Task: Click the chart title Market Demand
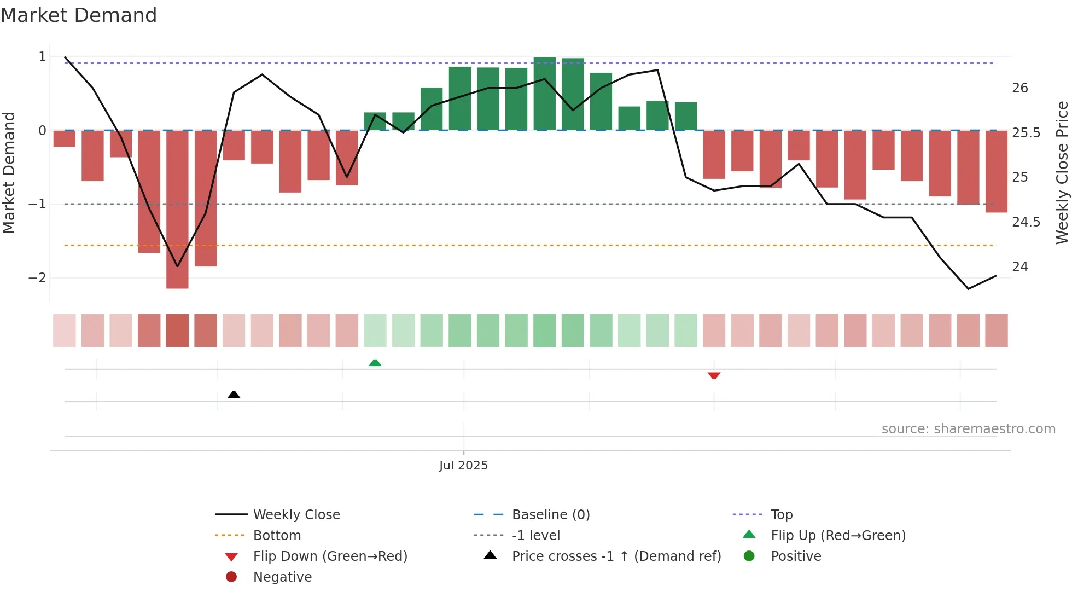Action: [79, 15]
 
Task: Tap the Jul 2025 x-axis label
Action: [463, 466]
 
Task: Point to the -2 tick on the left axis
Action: [37, 278]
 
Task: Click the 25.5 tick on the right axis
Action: [1026, 133]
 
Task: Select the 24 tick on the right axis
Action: [1020, 267]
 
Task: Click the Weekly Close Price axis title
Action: [1062, 172]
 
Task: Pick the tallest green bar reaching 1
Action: [544, 93]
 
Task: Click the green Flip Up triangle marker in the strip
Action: [375, 363]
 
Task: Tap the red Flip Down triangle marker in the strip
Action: [714, 375]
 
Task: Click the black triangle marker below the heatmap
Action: [234, 395]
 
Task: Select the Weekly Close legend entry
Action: [296, 515]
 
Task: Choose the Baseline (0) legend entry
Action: [550, 515]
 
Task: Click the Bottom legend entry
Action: [277, 536]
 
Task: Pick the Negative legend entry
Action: [282, 577]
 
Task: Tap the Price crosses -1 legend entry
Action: [616, 556]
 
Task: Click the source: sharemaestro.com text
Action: [968, 429]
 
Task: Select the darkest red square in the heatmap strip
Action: [177, 331]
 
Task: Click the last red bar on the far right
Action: [996, 171]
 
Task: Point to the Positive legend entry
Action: [795, 556]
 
